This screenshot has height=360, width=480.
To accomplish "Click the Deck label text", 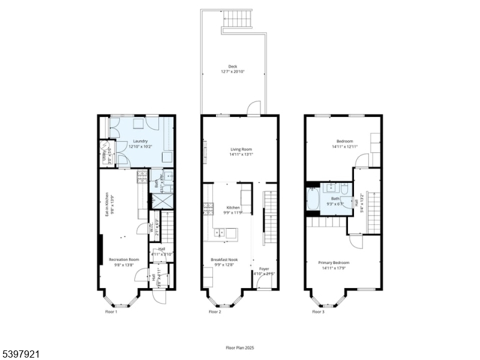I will [x=233, y=66].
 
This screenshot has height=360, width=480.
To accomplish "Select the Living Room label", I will [x=241, y=149].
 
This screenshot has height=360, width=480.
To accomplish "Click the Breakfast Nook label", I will [x=223, y=259].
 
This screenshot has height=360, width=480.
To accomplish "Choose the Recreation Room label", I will [x=124, y=259].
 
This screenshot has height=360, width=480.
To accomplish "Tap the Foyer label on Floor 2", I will [x=264, y=268].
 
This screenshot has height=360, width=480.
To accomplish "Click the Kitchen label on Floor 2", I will [x=233, y=207].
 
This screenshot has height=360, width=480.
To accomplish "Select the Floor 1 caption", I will [x=111, y=312].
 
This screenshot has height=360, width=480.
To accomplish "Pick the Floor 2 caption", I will [x=215, y=312].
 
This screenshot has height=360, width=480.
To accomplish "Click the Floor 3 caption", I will [x=318, y=312].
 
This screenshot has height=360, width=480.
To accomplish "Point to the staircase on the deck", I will [x=242, y=19].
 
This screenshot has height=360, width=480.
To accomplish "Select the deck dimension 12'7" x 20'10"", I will [x=233, y=71].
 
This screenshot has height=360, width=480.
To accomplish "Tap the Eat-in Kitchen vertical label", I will [x=107, y=204].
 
